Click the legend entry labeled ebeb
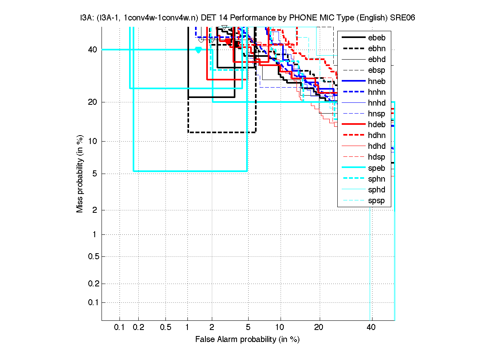376,38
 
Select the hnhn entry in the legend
376,92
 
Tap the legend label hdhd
376,146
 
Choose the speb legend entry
376,168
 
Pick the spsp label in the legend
376,200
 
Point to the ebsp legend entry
376,70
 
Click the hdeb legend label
376,125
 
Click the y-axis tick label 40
92,50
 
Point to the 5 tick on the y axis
95,174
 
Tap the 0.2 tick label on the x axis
139,328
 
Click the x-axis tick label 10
281,328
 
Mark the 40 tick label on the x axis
371,328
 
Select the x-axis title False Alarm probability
247,340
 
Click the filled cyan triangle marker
198,50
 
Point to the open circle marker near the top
201,39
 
